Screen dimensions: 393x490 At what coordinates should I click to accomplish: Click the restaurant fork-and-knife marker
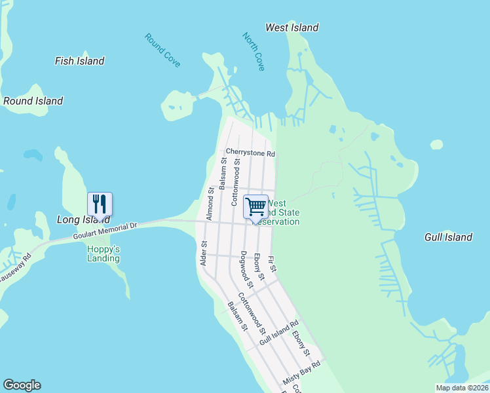pyautogui.click(x=100, y=204)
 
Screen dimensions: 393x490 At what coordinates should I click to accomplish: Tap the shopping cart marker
pyautogui.click(x=255, y=206)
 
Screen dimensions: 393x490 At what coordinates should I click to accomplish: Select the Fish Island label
pyautogui.click(x=80, y=61)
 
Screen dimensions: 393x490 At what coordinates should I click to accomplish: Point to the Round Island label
pyautogui.click(x=33, y=101)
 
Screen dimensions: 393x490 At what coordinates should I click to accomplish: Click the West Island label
pyautogui.click(x=292, y=28)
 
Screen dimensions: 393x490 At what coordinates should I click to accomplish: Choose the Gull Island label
pyautogui.click(x=448, y=237)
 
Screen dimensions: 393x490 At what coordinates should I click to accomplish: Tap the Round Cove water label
pyautogui.click(x=162, y=50)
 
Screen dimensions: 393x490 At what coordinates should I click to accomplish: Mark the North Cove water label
pyautogui.click(x=253, y=52)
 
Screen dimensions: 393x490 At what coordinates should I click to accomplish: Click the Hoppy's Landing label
pyautogui.click(x=104, y=253)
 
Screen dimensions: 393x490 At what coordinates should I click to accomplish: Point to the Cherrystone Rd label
pyautogui.click(x=250, y=153)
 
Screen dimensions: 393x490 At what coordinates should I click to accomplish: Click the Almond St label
pyautogui.click(x=211, y=203)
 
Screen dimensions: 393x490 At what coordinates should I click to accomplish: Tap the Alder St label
pyautogui.click(x=204, y=253)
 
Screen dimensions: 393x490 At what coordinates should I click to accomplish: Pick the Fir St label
pyautogui.click(x=273, y=265)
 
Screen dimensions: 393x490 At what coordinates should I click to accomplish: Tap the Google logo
pyautogui.click(x=22, y=385)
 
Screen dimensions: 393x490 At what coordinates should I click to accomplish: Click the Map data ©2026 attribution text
pyautogui.click(x=462, y=388)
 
